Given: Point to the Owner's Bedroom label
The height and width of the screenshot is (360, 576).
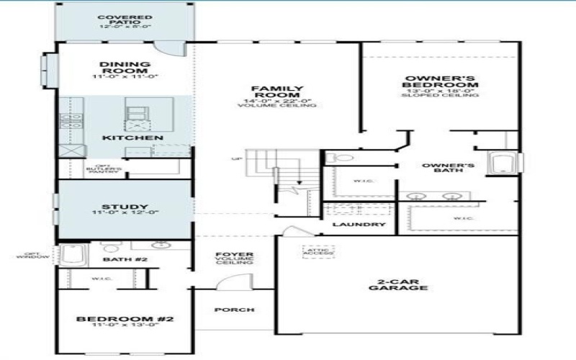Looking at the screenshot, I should point(441,83).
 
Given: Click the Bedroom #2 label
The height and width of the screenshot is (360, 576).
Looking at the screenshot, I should point(125,320).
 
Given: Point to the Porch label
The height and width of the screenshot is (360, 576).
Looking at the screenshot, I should point(234,310).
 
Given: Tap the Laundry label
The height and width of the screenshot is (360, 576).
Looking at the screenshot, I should point(359,225).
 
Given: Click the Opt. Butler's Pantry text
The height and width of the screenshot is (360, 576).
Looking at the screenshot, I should point(99,169).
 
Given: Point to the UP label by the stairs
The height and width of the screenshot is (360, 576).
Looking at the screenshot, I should point(235,158).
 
